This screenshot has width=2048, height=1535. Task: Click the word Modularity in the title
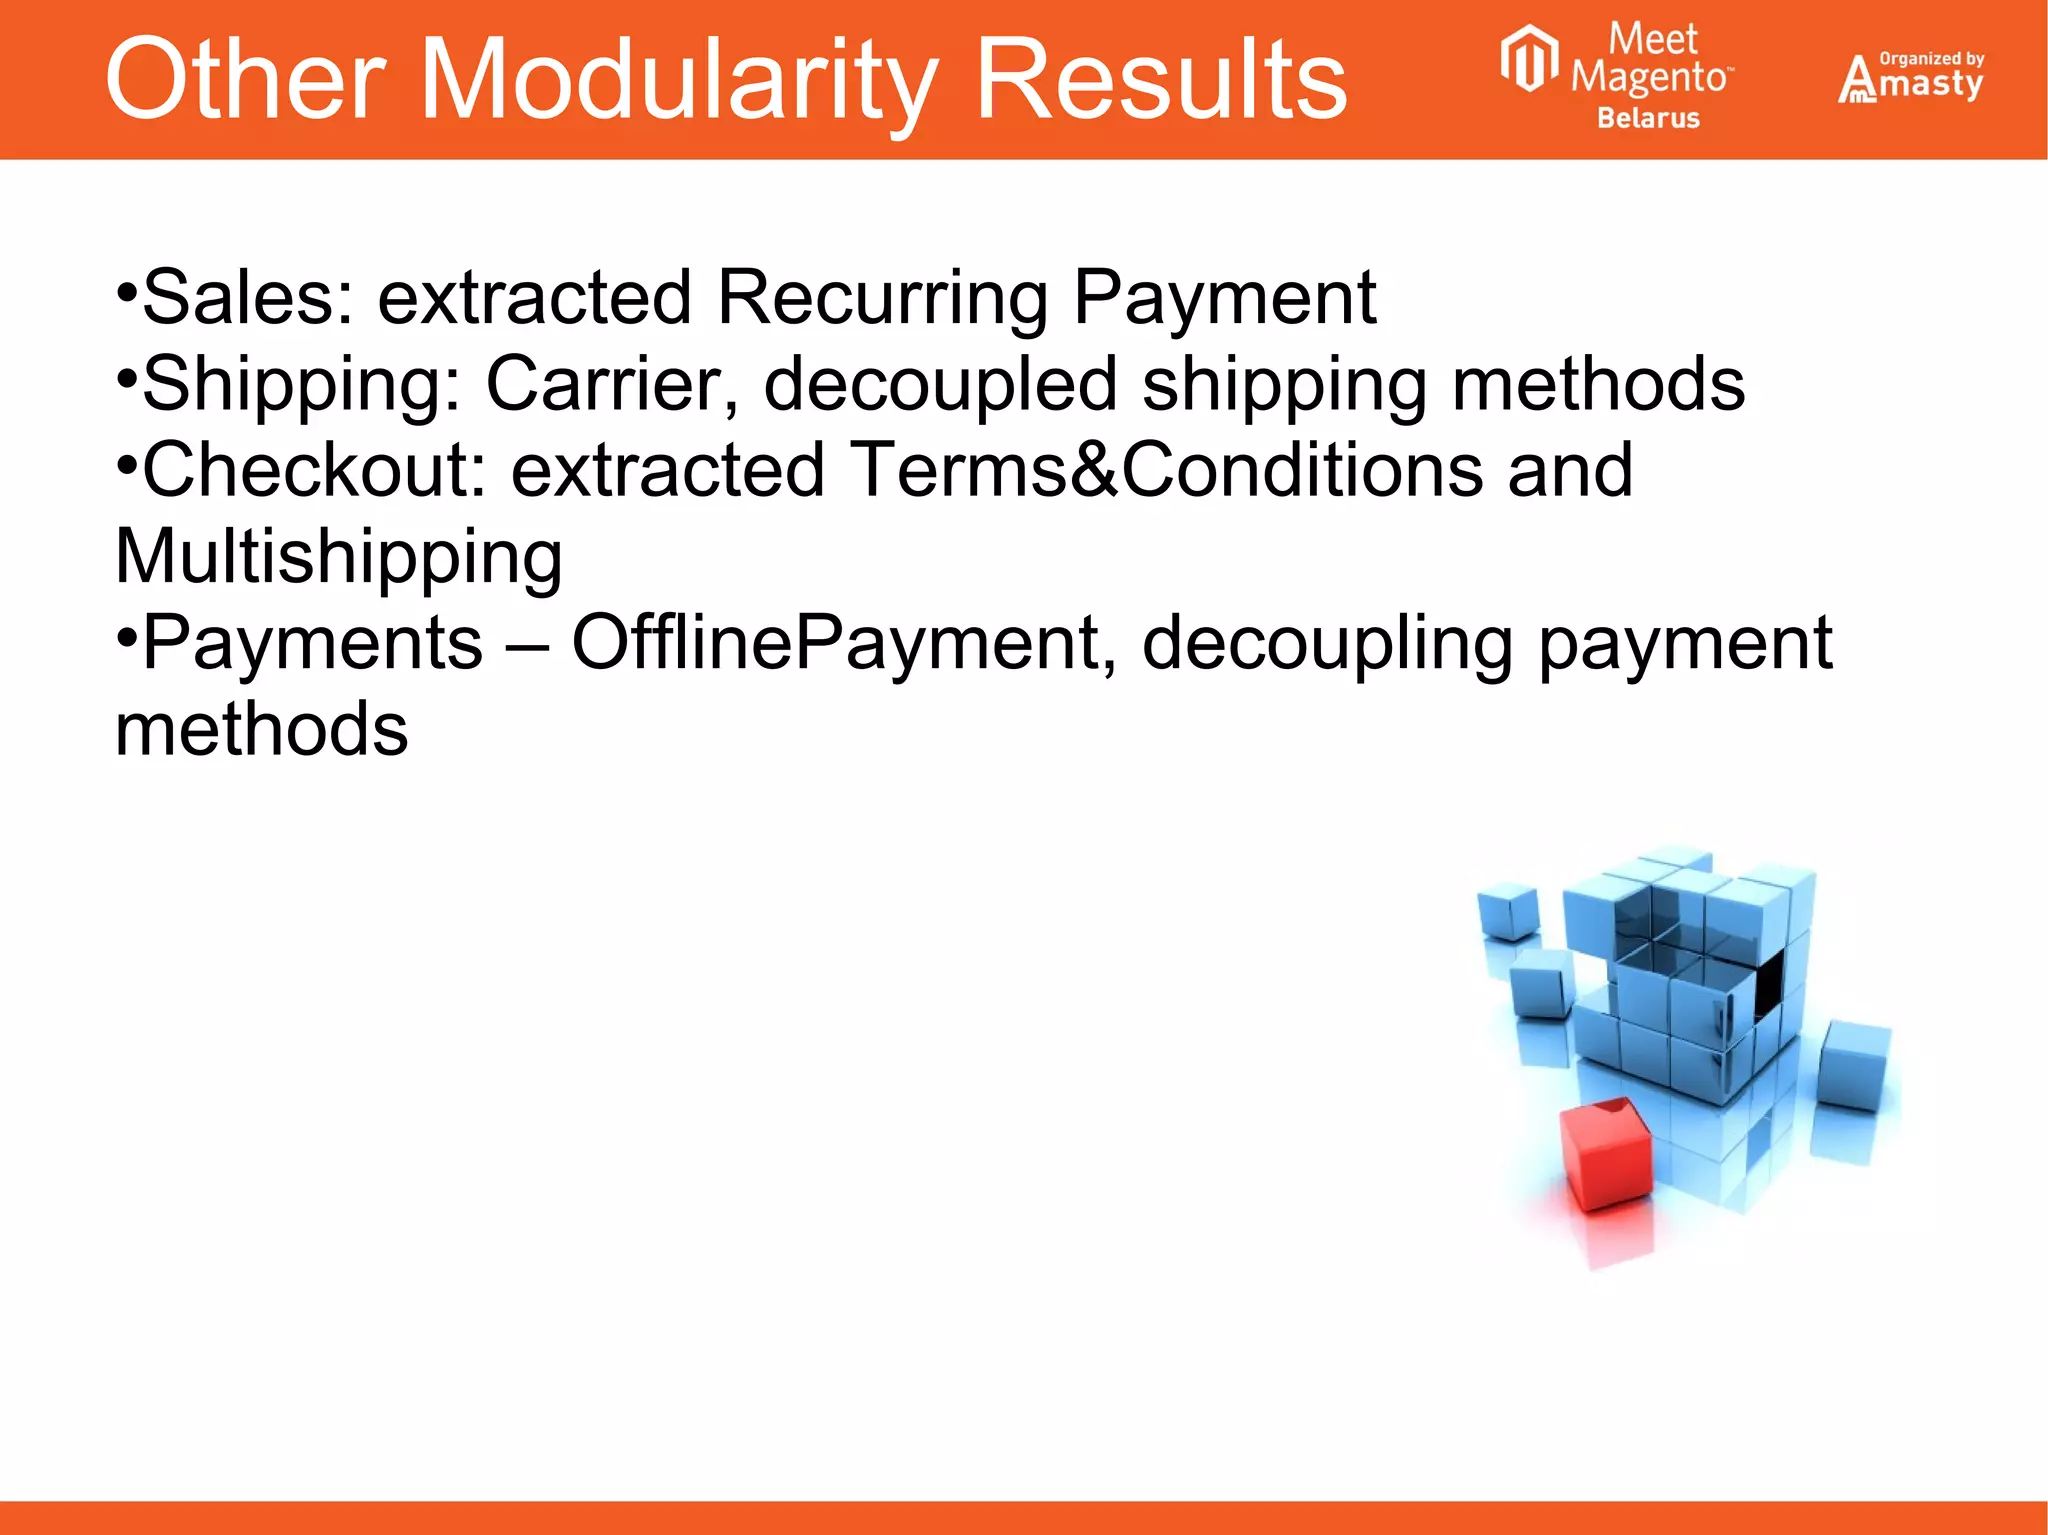(679, 80)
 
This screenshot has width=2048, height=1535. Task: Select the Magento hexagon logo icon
(1529, 60)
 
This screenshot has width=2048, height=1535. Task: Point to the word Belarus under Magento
(1648, 118)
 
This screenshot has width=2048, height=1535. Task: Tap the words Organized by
(1932, 58)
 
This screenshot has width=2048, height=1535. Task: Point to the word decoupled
(940, 384)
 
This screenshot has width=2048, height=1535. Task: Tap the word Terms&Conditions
(1166, 470)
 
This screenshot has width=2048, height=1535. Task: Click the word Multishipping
(339, 557)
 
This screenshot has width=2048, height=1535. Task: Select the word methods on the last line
(262, 729)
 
